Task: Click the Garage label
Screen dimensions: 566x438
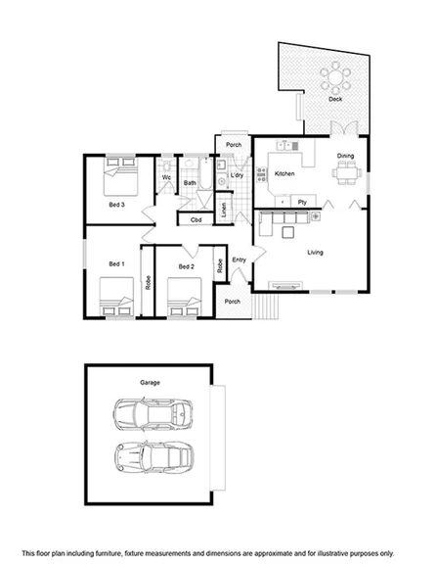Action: pos(150,382)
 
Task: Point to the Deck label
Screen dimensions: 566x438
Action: pos(335,99)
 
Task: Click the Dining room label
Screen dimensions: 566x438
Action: pos(346,157)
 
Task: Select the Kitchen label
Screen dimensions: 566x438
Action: pos(285,174)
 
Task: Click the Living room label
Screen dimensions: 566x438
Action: pos(315,253)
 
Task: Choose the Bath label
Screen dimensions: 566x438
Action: pos(191,183)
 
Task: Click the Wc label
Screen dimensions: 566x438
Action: pos(166,178)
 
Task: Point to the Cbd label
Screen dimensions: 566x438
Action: pos(196,219)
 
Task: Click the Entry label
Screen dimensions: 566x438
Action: pos(239,259)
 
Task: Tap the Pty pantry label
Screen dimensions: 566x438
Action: pos(303,203)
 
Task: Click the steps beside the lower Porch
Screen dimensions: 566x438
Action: pos(264,308)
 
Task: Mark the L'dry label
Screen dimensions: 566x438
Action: pos(237,175)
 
